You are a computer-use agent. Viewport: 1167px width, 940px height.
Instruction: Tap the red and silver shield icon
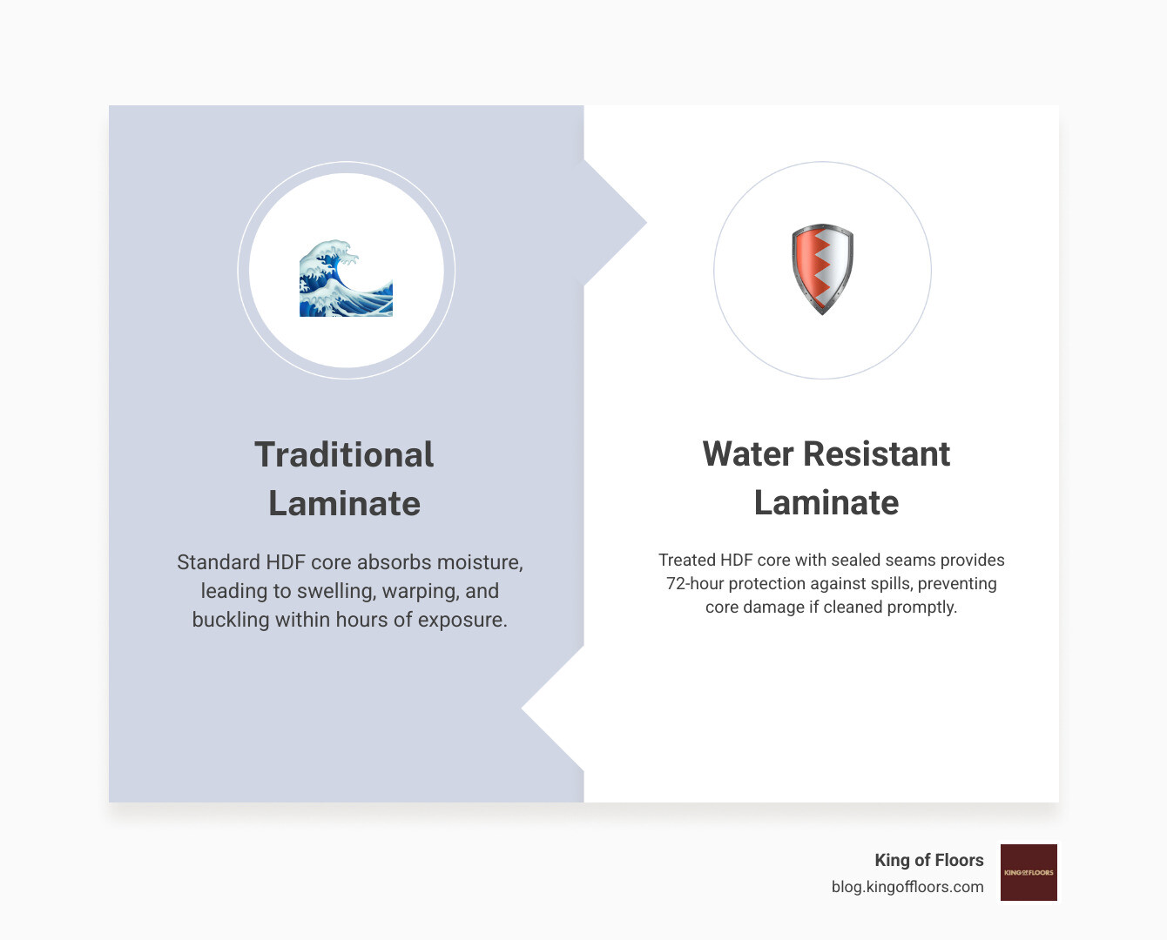(x=822, y=269)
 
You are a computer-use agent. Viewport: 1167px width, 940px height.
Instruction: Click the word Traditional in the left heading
(x=344, y=454)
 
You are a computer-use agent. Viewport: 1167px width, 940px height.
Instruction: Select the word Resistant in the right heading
(x=876, y=454)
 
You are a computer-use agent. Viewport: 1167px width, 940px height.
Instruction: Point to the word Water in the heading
(x=748, y=454)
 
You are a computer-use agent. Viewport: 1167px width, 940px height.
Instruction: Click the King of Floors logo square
(x=1029, y=872)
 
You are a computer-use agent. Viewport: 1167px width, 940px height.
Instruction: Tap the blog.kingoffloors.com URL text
(x=907, y=887)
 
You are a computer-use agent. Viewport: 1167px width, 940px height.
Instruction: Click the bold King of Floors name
(x=928, y=860)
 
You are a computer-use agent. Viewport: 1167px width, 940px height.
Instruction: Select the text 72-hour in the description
(x=695, y=583)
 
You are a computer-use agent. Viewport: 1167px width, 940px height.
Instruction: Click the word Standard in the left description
(x=218, y=562)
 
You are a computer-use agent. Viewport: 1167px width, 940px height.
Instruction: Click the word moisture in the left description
(x=479, y=562)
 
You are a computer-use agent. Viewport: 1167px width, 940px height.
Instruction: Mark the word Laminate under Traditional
(x=344, y=503)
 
